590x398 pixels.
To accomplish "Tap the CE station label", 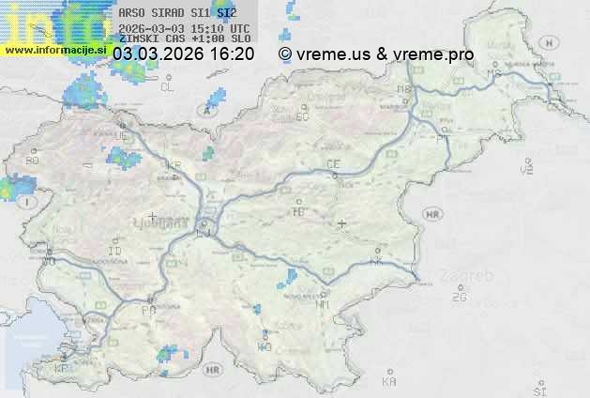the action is click(333, 164).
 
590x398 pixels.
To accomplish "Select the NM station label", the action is click(324, 304).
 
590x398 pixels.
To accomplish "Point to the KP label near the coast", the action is click(62, 369).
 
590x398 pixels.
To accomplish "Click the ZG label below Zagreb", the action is click(459, 298).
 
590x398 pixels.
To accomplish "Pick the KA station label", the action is click(389, 382).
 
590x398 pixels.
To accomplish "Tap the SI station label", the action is click(539, 389).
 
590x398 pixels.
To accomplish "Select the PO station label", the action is click(148, 310).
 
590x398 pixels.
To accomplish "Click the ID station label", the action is click(115, 252).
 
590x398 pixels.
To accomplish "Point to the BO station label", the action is click(33, 161).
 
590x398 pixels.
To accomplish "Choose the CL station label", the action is click(167, 87).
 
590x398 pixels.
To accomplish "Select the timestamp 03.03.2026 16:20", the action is click(183, 54).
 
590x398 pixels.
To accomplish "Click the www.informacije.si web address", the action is click(54, 50).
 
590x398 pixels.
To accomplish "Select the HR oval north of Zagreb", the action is click(432, 214).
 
